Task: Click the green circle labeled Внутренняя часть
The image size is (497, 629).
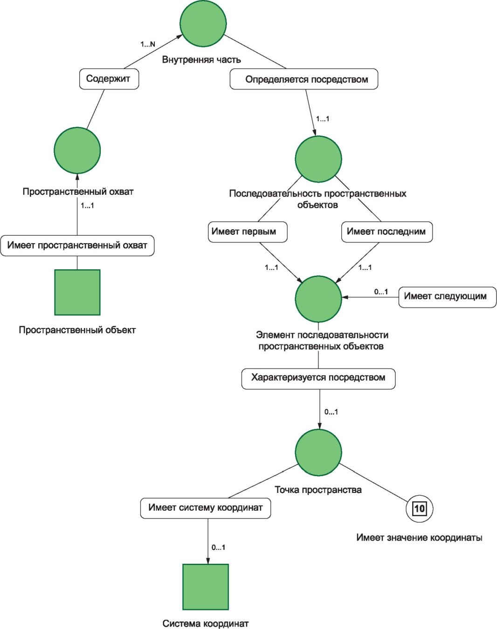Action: [x=203, y=23]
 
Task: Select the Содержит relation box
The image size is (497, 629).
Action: [x=109, y=79]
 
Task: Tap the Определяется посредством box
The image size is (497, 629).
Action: [x=304, y=79]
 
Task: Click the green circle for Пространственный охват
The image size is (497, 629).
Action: [x=77, y=150]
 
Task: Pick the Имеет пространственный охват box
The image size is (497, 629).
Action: [x=77, y=246]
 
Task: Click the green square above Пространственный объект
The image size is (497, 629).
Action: [x=77, y=292]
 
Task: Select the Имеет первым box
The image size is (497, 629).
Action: [x=248, y=232]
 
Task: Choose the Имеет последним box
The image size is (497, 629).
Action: [x=387, y=232]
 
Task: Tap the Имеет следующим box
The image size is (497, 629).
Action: [x=448, y=297]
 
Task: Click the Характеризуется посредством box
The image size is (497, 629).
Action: [x=318, y=378]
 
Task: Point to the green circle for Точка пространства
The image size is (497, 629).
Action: [x=318, y=452]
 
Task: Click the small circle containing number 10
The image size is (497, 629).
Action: [x=420, y=509]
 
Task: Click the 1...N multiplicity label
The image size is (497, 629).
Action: [x=148, y=44]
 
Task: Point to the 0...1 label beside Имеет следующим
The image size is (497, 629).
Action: [x=381, y=292]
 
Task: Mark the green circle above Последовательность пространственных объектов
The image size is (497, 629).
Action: [x=318, y=159]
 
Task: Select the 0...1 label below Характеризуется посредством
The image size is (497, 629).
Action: [x=331, y=412]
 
